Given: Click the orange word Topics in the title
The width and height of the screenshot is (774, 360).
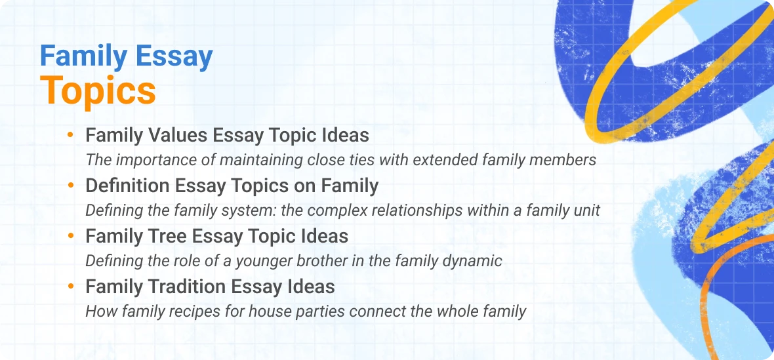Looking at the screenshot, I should [x=98, y=91].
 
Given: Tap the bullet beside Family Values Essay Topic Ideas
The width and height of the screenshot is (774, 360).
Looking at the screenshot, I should [x=70, y=136].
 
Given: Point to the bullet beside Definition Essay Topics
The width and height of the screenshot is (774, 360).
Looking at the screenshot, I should [x=70, y=186].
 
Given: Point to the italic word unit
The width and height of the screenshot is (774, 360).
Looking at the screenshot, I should [x=586, y=210].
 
